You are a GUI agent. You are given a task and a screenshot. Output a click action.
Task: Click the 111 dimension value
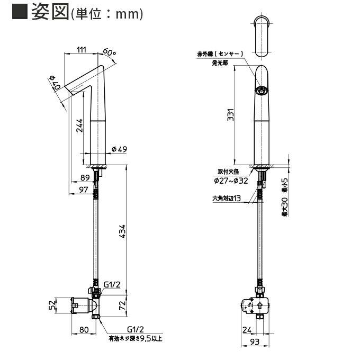[82, 50]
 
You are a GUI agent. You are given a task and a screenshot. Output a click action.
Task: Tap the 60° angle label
[109, 52]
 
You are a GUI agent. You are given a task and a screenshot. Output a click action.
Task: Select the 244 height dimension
[79, 125]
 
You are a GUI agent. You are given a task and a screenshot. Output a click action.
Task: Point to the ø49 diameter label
[119, 149]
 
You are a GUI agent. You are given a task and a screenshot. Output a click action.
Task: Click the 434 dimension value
[122, 231]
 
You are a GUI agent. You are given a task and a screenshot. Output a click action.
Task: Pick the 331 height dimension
[230, 114]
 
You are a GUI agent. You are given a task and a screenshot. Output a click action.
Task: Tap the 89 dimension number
[85, 177]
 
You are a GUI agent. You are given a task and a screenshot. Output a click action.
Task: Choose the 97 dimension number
[84, 190]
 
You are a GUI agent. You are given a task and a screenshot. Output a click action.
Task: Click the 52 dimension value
[52, 304]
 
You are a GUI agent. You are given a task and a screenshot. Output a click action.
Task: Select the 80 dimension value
[84, 330]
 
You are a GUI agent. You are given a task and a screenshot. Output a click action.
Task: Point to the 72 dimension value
[122, 305]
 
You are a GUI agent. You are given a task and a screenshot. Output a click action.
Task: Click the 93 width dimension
[255, 342]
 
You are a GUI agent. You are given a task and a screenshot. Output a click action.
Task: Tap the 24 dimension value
[247, 330]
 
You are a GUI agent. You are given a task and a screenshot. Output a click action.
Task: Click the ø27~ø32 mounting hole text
[231, 181]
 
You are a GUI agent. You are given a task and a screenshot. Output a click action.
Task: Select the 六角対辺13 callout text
[227, 198]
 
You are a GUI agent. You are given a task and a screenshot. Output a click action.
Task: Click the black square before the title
[20, 11]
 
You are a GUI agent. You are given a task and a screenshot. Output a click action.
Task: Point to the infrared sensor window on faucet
[262, 90]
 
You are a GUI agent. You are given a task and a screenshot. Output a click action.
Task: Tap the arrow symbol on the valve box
[260, 305]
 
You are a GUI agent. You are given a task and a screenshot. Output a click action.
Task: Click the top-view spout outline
[262, 37]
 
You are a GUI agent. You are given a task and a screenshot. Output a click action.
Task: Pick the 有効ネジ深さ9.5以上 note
[136, 338]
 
